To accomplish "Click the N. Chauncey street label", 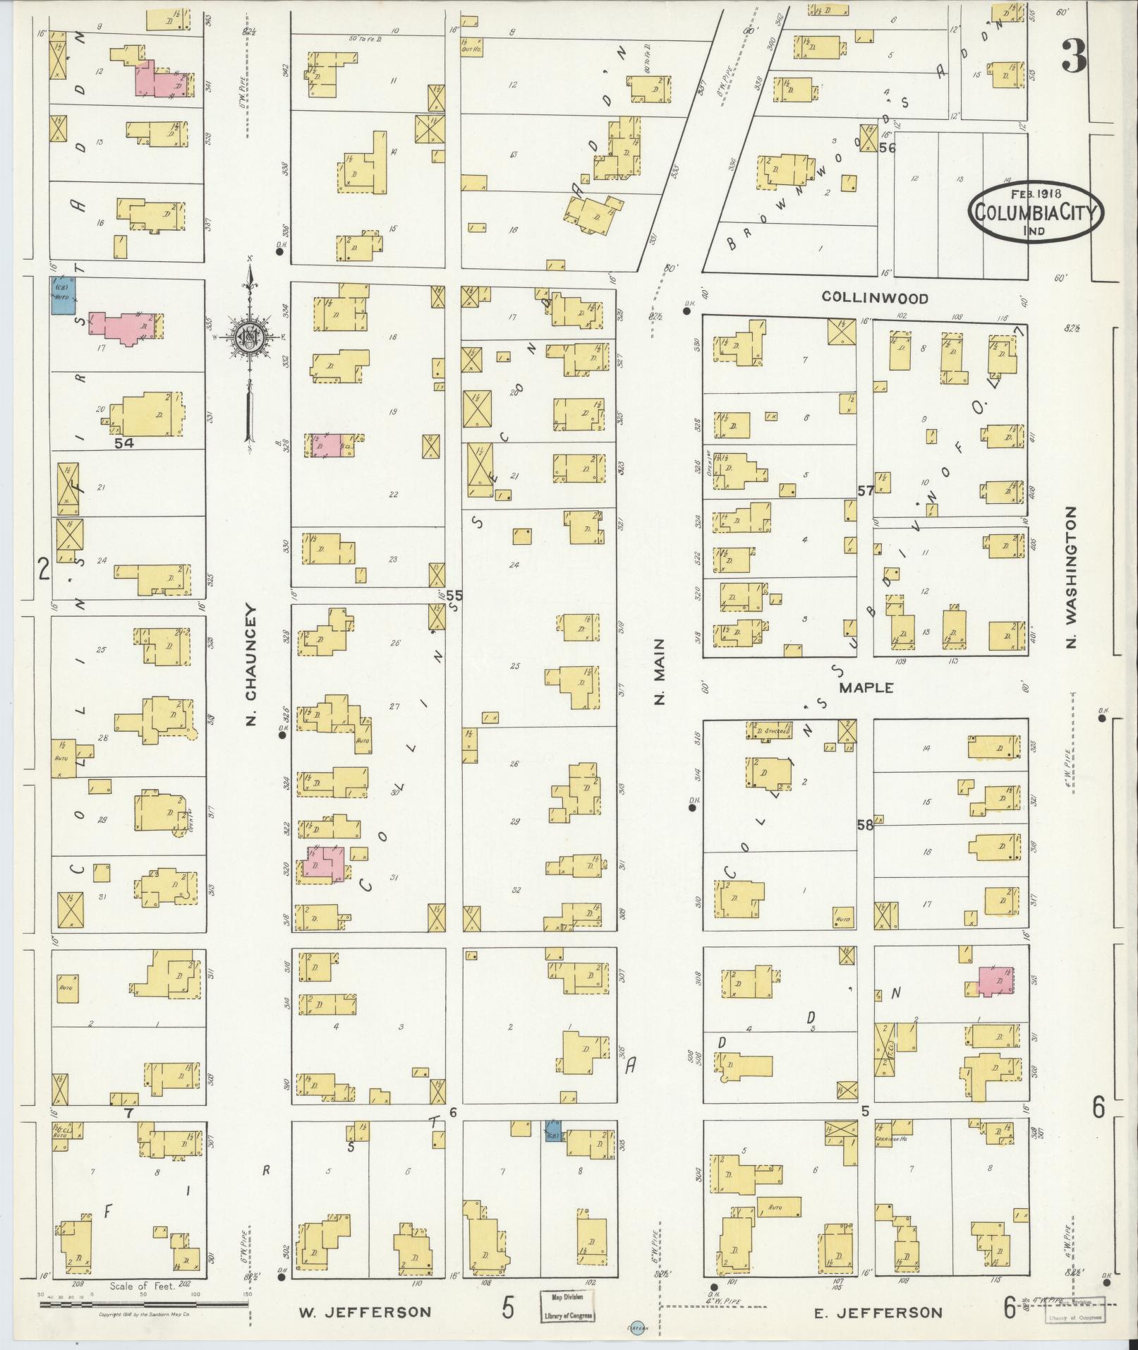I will pos(253,665).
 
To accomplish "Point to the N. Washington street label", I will pos(1072,577).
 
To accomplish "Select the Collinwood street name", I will pos(874,298).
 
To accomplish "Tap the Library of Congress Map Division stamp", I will pos(567,1306).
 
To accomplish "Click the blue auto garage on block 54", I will pos(63,295).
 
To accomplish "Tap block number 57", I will pos(866,490).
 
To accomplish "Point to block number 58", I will pos(865,824).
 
